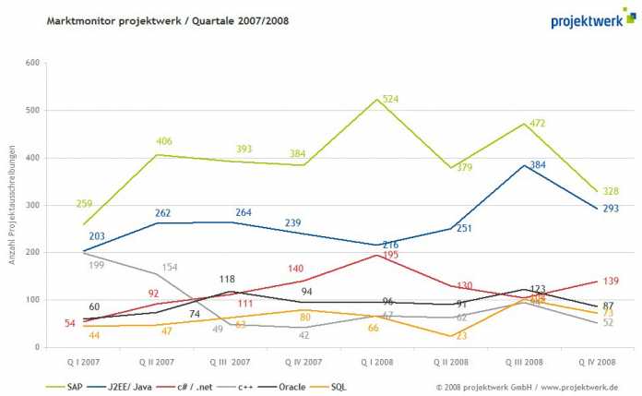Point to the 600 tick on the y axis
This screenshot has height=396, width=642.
click(x=32, y=63)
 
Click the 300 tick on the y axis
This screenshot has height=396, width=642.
click(x=32, y=205)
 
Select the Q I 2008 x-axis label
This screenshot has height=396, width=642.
click(x=383, y=363)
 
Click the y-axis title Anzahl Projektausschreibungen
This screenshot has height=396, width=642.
click(x=14, y=205)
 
